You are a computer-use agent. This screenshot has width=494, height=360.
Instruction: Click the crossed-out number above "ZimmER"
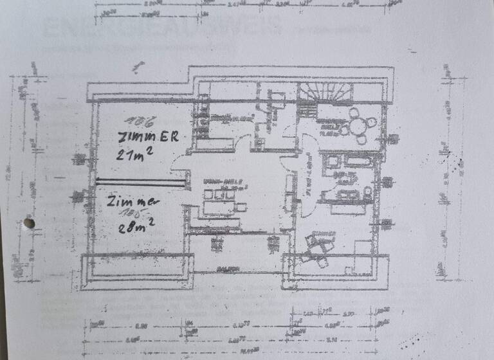tap(134, 121)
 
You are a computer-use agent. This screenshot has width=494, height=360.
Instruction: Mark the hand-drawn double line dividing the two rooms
tap(141, 183)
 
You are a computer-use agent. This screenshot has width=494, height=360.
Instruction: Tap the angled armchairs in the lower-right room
tap(318, 248)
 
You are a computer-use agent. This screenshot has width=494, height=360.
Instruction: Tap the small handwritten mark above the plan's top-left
tap(138, 66)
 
